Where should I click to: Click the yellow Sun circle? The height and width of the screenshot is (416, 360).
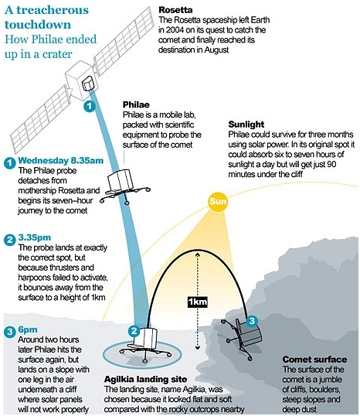tap(218, 201)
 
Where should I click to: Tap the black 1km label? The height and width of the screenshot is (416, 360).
tap(198, 302)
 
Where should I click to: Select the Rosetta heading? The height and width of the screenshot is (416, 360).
tap(175, 10)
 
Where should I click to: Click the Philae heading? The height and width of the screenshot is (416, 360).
tap(136, 104)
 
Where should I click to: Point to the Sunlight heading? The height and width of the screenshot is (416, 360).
tap(246, 124)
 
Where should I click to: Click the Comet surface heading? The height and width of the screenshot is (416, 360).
tap(314, 360)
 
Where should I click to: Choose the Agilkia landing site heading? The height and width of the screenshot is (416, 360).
tap(145, 379)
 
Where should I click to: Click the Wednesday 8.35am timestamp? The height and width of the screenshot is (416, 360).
tap(61, 161)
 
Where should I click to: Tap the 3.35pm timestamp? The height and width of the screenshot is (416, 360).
tap(35, 237)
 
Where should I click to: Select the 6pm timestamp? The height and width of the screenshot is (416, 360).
tap(28, 329)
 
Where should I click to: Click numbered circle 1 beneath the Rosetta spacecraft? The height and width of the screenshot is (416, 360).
tap(90, 106)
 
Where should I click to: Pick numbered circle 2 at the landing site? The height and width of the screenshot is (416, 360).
tap(134, 331)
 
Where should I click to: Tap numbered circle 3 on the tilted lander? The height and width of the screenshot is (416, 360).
tap(252, 321)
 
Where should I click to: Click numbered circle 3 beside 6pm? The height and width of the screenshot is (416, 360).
tap(10, 332)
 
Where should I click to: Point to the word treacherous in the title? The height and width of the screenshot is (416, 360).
tap(53, 10)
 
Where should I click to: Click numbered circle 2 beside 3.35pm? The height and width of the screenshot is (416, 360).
tap(10, 240)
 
